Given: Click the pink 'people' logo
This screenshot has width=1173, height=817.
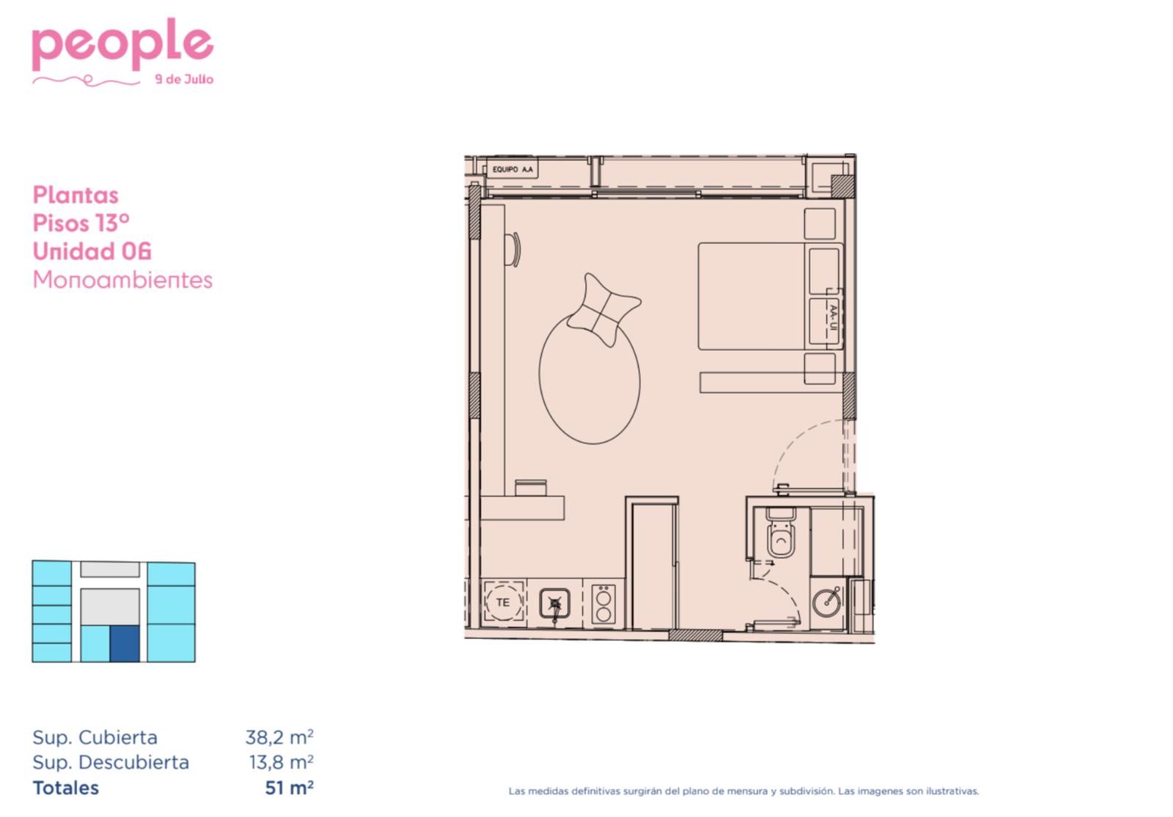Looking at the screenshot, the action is (122, 45).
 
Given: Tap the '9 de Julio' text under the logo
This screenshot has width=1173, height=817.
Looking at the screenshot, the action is (184, 80).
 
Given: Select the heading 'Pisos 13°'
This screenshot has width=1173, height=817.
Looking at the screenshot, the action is (81, 223).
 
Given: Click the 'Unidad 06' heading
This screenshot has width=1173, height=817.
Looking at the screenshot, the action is (92, 251).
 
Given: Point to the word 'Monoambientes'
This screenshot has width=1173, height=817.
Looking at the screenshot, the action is (122, 279).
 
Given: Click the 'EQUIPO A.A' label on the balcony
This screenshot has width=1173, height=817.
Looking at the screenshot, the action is (512, 169).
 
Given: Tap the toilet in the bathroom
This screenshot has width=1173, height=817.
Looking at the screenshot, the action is (781, 532).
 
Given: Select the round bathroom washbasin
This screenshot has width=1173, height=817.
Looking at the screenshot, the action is (827, 602).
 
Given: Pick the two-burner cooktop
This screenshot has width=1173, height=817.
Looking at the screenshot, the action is (603, 605).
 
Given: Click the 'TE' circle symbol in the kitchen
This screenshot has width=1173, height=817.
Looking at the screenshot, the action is (503, 602).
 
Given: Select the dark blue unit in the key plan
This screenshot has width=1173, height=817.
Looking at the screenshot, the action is (125, 643).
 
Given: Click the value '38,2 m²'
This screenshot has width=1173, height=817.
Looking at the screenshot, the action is (279, 737).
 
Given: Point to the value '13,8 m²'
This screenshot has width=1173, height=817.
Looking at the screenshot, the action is (281, 762).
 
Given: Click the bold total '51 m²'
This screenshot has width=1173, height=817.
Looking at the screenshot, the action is (289, 788).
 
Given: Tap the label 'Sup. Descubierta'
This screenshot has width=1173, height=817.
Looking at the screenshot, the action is (111, 763).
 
